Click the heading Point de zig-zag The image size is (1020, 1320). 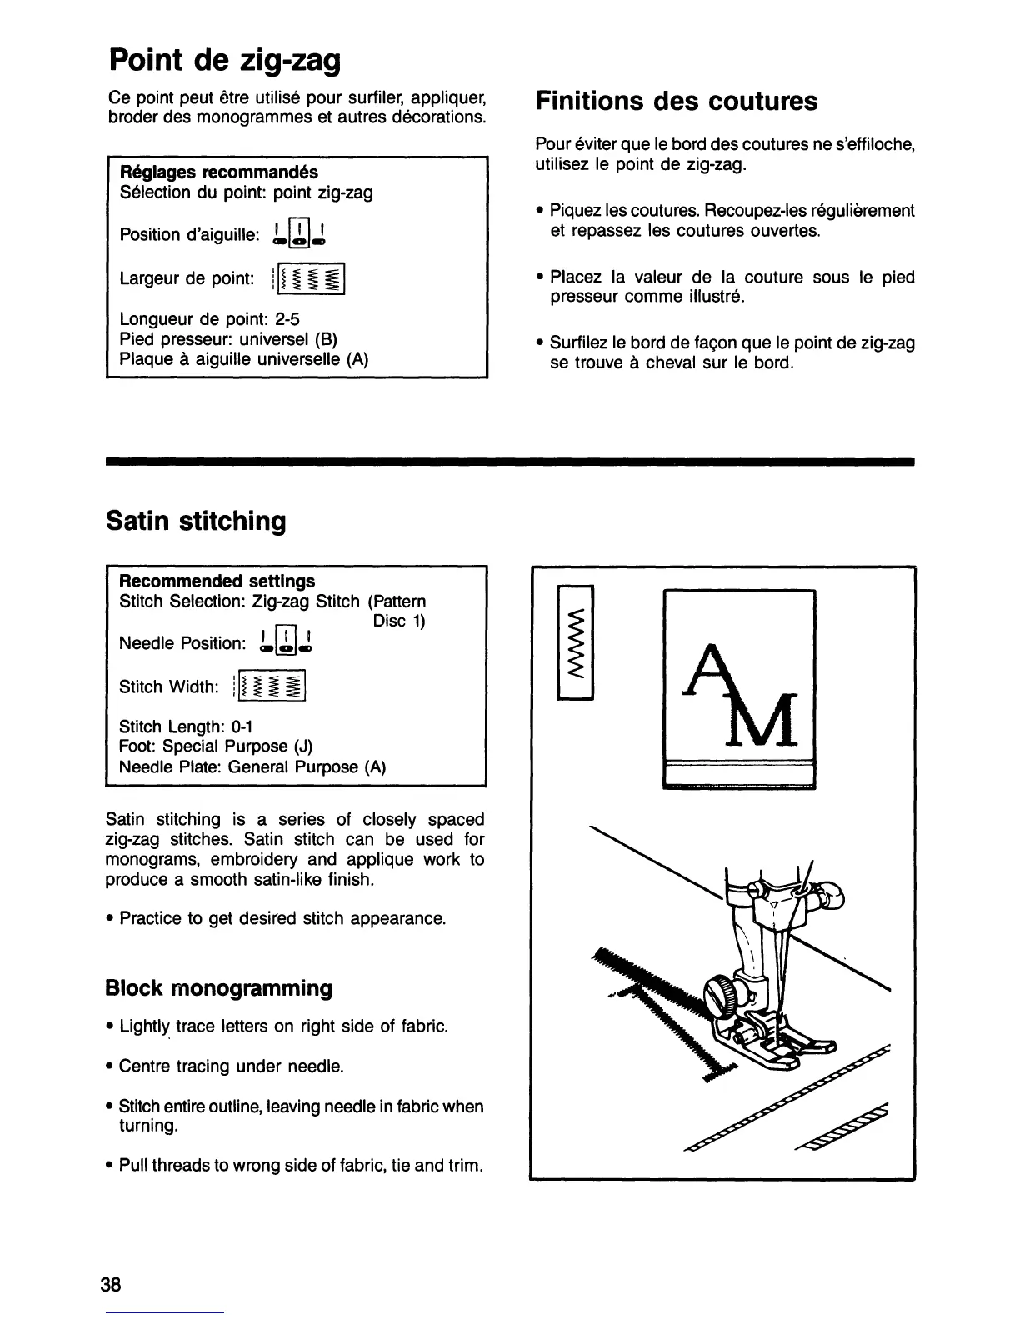[224, 60]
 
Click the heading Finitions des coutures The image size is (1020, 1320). [676, 101]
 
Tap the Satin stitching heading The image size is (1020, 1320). [196, 521]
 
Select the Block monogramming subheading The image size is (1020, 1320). [218, 988]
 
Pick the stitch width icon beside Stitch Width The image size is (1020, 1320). [272, 687]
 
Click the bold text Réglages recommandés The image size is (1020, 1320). [220, 172]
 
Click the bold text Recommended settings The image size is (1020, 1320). [217, 581]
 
